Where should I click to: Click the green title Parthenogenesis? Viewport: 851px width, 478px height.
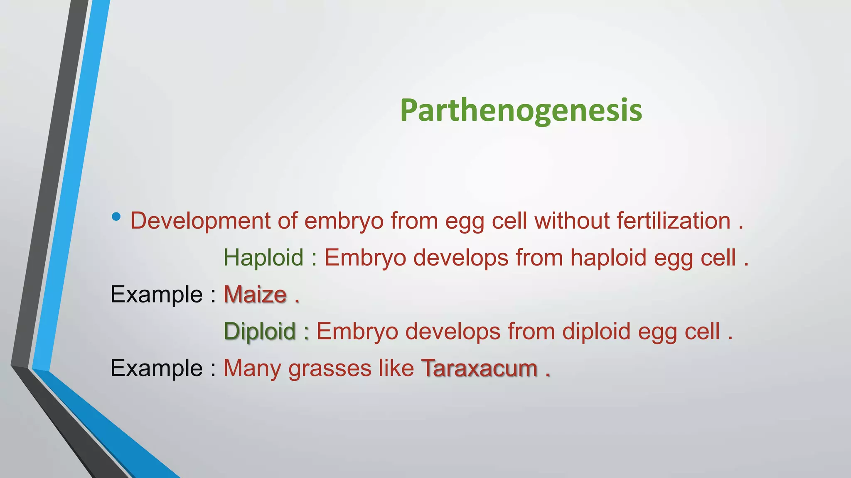click(521, 110)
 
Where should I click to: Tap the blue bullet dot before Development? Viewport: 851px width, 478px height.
click(116, 217)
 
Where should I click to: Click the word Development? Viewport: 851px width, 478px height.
click(200, 221)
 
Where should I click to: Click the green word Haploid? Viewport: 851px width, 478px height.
click(263, 258)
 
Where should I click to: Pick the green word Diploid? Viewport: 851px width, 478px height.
click(260, 332)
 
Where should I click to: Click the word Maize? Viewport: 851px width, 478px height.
click(255, 295)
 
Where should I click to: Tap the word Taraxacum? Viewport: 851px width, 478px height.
click(480, 368)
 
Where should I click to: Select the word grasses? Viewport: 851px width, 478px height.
click(330, 368)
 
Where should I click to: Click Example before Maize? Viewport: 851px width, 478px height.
click(157, 295)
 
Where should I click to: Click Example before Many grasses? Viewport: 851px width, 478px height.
click(157, 368)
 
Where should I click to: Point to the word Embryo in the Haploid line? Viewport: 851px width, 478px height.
click(365, 258)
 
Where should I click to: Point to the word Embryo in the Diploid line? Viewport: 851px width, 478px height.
click(357, 332)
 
